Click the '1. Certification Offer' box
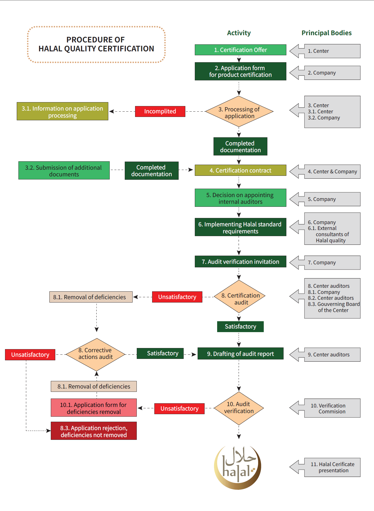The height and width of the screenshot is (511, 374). (240, 50)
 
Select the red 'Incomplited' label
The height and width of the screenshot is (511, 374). (160, 111)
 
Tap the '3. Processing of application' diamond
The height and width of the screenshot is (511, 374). (239, 112)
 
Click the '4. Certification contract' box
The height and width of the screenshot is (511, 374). (240, 170)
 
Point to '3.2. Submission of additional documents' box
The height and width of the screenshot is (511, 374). (64, 171)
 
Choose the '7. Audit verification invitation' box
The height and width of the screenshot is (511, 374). (240, 262)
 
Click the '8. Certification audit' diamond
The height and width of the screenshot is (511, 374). (240, 297)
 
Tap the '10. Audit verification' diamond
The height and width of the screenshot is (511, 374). (239, 408)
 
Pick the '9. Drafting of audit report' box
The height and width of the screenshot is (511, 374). (240, 354)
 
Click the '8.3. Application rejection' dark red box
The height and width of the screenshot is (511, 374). (94, 431)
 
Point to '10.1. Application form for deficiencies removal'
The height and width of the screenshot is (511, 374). (94, 408)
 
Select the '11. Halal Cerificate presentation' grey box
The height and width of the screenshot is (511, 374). (332, 467)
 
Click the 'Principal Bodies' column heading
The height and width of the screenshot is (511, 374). (327, 33)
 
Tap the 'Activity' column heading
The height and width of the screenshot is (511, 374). (239, 33)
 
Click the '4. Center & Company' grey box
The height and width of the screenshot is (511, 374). (332, 172)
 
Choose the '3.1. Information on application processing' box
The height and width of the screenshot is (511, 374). (63, 111)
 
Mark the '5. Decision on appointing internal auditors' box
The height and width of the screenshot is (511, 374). (240, 198)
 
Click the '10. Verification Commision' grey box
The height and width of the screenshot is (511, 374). (332, 408)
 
